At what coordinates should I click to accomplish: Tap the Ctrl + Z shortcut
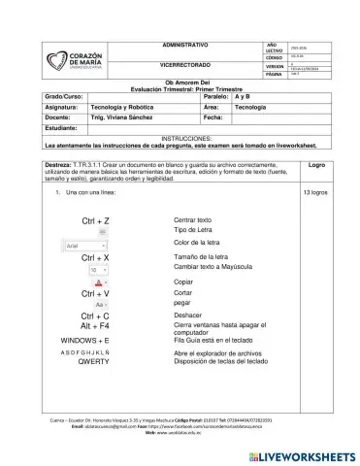[x=95, y=222]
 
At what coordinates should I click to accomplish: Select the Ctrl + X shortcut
[x=95, y=257]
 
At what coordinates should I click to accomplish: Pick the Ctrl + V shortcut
[x=95, y=293]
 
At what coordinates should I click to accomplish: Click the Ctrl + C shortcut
[x=95, y=316]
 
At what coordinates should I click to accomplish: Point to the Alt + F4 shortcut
[x=95, y=328]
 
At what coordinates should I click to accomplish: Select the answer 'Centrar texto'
[x=192, y=220]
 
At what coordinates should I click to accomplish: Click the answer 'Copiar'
[x=183, y=281]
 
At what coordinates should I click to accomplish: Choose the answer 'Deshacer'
[x=187, y=316]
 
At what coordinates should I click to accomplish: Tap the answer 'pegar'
[x=182, y=302]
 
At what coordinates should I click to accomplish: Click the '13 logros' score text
[x=316, y=194]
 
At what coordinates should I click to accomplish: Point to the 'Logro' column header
[x=316, y=165]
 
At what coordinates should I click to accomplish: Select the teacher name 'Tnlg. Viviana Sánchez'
[x=122, y=116]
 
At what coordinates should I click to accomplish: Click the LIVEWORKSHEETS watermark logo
[x=310, y=454]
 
